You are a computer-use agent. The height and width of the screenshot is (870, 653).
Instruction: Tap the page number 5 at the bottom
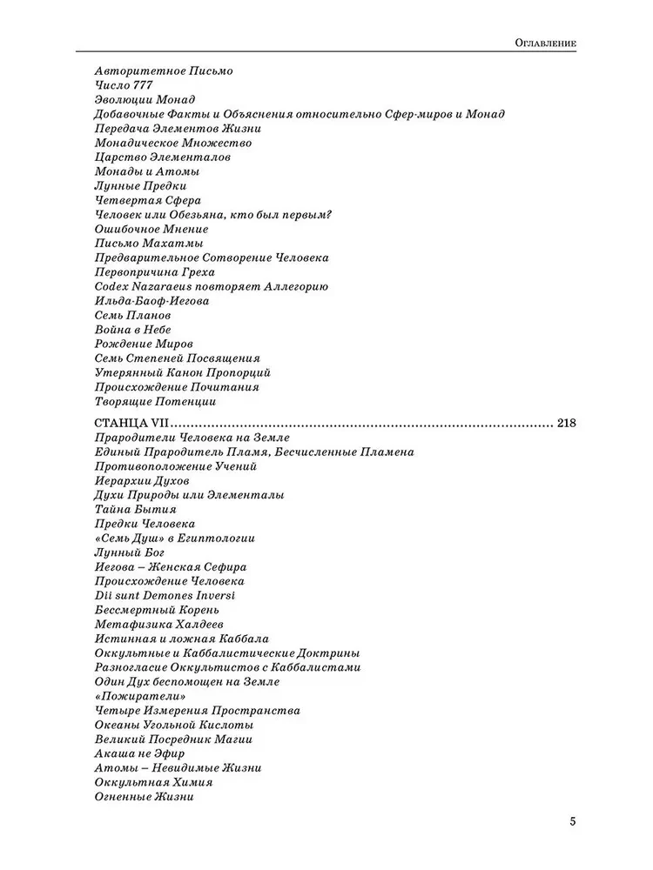point(572,821)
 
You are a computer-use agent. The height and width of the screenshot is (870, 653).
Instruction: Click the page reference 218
point(566,424)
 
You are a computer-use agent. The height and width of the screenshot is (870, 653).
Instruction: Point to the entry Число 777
point(125,85)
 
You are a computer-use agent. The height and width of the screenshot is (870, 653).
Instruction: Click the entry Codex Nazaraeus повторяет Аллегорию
point(210,286)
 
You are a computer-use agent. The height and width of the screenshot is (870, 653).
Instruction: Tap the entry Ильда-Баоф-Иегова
point(151,301)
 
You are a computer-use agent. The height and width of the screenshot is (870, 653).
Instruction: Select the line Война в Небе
point(131,330)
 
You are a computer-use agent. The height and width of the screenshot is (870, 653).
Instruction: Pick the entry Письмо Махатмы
point(148,244)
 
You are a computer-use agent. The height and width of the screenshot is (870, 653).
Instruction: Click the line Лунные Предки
point(139,186)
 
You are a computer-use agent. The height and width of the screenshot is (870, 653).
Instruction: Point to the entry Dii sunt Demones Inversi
point(164,595)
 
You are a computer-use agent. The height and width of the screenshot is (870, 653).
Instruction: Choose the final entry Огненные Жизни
point(143,796)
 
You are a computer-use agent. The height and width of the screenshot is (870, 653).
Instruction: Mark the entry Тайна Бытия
point(134,509)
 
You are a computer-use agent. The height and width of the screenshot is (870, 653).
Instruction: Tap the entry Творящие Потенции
point(154,401)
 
